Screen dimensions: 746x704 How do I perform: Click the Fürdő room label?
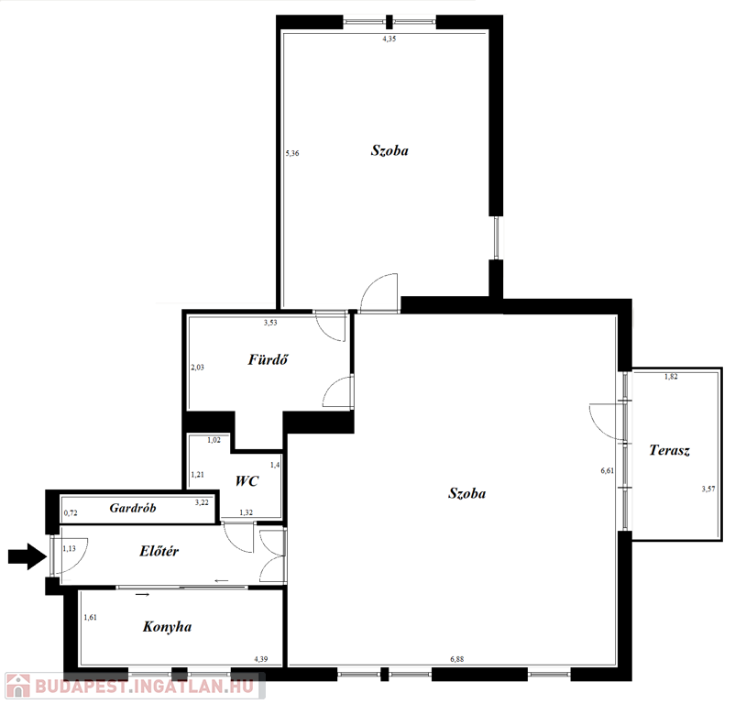point(268,359)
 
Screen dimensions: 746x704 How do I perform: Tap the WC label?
point(247,480)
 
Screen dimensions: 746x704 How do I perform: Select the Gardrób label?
point(133,508)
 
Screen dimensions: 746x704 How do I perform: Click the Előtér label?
point(159,551)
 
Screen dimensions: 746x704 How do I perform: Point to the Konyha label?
point(167,626)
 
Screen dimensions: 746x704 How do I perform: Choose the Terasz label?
point(669,450)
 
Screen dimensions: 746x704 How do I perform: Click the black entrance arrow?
point(27,556)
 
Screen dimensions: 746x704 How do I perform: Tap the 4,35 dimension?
point(389,39)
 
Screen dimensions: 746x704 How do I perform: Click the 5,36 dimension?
point(292,153)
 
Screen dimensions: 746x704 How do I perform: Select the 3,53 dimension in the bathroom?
point(270,323)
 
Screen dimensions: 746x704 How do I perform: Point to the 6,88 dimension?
point(456,659)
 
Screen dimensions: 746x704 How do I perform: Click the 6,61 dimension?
point(607,471)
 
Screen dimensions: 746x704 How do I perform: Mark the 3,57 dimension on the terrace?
point(708,489)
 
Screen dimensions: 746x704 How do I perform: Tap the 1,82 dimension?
point(671,377)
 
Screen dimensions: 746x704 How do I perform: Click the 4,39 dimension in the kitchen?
point(260,659)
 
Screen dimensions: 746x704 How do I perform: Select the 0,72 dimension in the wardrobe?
point(71,513)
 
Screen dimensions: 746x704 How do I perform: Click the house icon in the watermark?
point(18,687)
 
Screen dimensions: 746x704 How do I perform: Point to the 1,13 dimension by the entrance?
point(69,549)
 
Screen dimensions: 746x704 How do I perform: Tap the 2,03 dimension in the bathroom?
point(197,368)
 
